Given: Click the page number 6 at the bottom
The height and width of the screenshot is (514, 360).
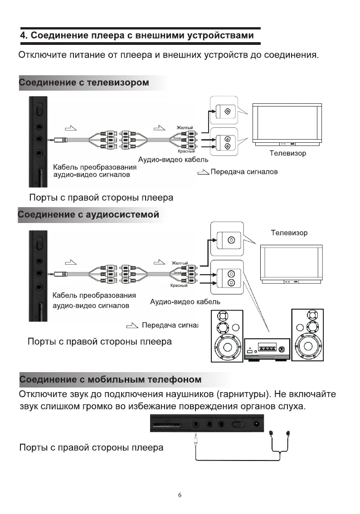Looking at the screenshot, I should point(180,495).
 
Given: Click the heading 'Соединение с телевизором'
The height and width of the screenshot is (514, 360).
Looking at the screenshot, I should point(84,83).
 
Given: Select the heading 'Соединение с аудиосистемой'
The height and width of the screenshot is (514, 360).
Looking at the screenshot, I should point(89,214).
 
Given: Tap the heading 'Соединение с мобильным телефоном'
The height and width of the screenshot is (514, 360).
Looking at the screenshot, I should point(111,379).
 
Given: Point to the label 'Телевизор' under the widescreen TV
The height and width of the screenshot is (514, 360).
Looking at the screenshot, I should point(287,153).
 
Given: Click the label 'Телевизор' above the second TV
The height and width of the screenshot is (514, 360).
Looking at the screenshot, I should point(289,233).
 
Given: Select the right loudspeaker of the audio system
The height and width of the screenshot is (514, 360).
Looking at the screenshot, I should point(307,335).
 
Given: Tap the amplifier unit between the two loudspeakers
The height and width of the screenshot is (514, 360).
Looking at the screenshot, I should point(267,349).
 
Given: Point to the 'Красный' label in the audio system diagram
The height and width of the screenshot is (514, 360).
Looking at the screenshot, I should point(179,286).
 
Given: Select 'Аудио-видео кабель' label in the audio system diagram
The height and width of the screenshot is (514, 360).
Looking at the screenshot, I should point(185,301).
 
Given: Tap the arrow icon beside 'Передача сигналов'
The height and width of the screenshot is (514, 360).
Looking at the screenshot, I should point(204,172).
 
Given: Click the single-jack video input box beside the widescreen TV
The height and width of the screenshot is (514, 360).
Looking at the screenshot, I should point(224,112).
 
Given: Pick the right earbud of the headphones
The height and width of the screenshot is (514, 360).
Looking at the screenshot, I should point(288,434).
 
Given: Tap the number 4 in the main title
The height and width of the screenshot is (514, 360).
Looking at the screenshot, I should point(23,35).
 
